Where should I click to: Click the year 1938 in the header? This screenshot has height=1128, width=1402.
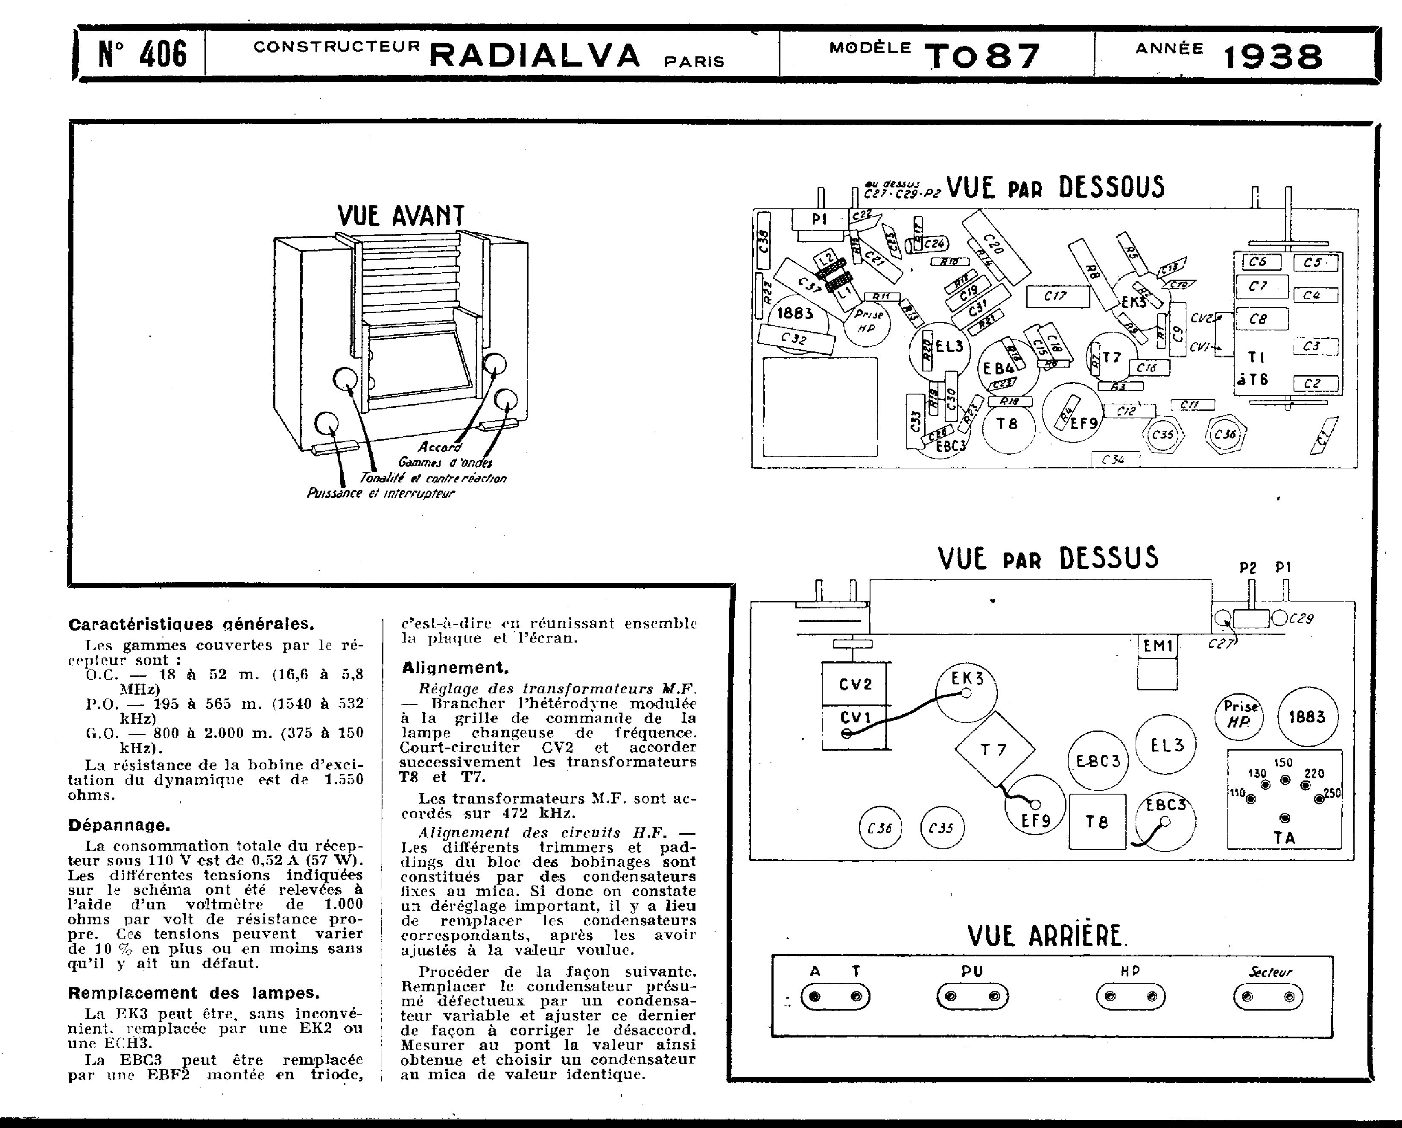1273,57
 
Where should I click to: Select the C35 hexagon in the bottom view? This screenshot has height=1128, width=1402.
1162,434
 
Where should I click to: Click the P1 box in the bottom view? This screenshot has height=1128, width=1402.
819,220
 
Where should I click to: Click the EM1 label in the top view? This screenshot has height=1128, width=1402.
1157,646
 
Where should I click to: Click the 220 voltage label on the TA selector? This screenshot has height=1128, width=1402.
1314,774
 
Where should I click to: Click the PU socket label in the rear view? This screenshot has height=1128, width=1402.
972,971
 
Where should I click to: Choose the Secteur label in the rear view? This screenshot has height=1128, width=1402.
1269,972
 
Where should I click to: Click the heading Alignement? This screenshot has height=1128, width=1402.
455,668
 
